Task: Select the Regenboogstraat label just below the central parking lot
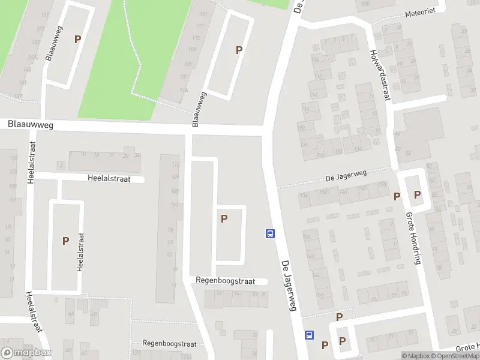225,281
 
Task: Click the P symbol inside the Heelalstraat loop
65,241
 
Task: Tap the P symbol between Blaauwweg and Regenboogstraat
224,219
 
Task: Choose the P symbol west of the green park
77,39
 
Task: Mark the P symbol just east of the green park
239,50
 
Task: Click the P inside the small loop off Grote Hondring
417,195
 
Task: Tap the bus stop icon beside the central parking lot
270,233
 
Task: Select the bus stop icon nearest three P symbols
310,335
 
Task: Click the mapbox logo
26,353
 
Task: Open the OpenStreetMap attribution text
455,356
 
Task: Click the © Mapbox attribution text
416,356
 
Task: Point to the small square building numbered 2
61,165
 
